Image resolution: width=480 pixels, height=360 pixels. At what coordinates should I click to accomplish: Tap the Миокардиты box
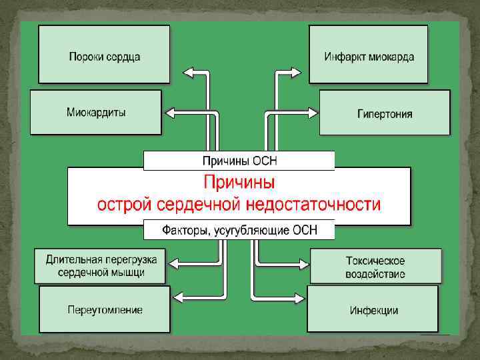tap(96, 112)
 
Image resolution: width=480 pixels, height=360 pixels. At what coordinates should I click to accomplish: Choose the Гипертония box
tap(385, 113)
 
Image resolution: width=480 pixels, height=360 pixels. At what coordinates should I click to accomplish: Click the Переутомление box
tap(105, 310)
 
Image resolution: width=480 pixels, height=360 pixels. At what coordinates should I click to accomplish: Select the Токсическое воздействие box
tap(375, 266)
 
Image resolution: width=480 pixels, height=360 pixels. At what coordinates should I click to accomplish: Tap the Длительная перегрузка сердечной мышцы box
tap(101, 266)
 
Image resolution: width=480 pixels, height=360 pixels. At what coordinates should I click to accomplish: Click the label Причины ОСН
tap(239, 161)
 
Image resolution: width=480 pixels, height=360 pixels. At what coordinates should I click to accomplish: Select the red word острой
tap(121, 204)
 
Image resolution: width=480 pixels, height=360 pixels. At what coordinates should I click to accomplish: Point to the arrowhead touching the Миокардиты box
tap(169, 111)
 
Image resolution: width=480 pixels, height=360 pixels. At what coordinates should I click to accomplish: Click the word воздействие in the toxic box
tap(375, 273)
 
